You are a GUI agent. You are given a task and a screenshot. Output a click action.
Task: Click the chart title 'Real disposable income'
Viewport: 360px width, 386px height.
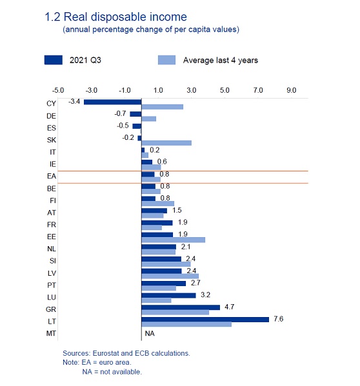(125, 17)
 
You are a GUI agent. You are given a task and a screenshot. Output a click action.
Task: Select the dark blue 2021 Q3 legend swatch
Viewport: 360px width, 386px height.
(53, 60)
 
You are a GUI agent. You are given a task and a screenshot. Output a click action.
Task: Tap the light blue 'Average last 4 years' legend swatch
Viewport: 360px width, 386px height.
(167, 60)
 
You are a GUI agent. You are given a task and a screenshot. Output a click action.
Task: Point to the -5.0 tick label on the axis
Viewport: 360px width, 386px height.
(58, 90)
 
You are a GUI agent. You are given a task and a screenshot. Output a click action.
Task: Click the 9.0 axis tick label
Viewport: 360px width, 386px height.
(291, 90)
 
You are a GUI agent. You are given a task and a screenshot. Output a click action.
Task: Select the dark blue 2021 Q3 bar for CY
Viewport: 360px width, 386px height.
(113, 102)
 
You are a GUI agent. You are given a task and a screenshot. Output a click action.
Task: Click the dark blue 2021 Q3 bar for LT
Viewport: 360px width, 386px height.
(205, 320)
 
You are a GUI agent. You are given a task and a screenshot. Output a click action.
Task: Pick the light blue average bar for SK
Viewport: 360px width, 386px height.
(166, 143)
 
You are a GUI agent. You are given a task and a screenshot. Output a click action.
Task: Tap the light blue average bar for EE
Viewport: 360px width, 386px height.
(173, 240)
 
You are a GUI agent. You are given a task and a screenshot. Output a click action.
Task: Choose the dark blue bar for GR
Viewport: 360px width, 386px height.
(181, 307)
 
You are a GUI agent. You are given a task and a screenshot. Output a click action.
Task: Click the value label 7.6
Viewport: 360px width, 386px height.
(279, 319)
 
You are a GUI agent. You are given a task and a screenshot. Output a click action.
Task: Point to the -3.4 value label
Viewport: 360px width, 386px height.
(74, 101)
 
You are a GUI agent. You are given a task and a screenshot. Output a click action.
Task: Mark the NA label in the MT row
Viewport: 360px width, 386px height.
(150, 333)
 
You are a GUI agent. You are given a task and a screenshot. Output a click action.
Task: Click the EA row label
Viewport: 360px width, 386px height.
(52, 177)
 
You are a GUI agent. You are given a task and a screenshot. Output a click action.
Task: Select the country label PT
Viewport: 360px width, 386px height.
(52, 285)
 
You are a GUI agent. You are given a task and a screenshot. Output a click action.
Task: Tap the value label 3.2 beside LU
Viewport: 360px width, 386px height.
(205, 295)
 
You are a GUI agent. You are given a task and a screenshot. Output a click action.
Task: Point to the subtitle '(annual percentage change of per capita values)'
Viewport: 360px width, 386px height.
(151, 30)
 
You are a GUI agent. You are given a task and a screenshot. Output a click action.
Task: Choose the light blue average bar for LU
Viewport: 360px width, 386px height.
(156, 300)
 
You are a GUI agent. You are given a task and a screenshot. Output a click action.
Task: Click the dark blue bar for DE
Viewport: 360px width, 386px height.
(135, 114)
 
